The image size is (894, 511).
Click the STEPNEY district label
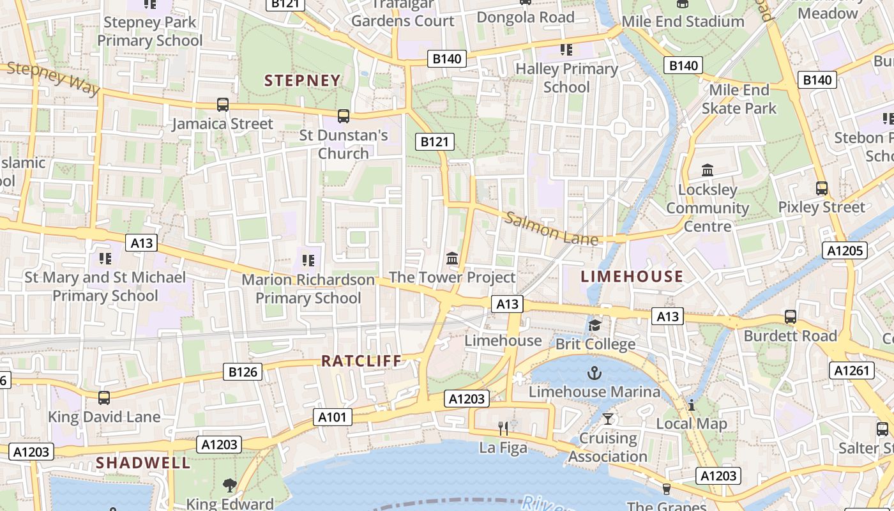pyautogui.click(x=303, y=80)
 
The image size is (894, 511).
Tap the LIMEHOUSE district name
pyautogui.click(x=632, y=277)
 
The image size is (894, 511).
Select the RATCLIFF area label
pyautogui.click(x=361, y=361)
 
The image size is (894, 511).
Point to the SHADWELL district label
pyautogui.click(x=143, y=463)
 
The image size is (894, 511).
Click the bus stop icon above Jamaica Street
pyautogui.click(x=222, y=105)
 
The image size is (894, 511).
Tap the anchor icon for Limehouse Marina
pyautogui.click(x=595, y=372)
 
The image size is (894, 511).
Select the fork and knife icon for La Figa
pyautogui.click(x=503, y=429)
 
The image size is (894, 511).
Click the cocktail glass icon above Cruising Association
pyautogui.click(x=608, y=419)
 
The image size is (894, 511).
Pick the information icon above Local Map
pyautogui.click(x=691, y=405)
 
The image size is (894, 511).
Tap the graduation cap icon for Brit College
pyautogui.click(x=595, y=326)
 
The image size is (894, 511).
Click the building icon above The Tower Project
pyautogui.click(x=452, y=259)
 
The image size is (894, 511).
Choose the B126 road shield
pyautogui.click(x=243, y=372)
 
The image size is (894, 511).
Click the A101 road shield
pyautogui.click(x=333, y=418)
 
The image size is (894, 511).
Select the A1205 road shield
pyautogui.click(x=844, y=250)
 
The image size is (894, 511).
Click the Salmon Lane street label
pyautogui.click(x=552, y=229)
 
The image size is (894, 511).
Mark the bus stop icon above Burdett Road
pyautogui.click(x=790, y=317)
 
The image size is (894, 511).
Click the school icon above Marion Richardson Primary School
pyautogui.click(x=308, y=260)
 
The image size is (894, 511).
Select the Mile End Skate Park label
pyautogui.click(x=739, y=99)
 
